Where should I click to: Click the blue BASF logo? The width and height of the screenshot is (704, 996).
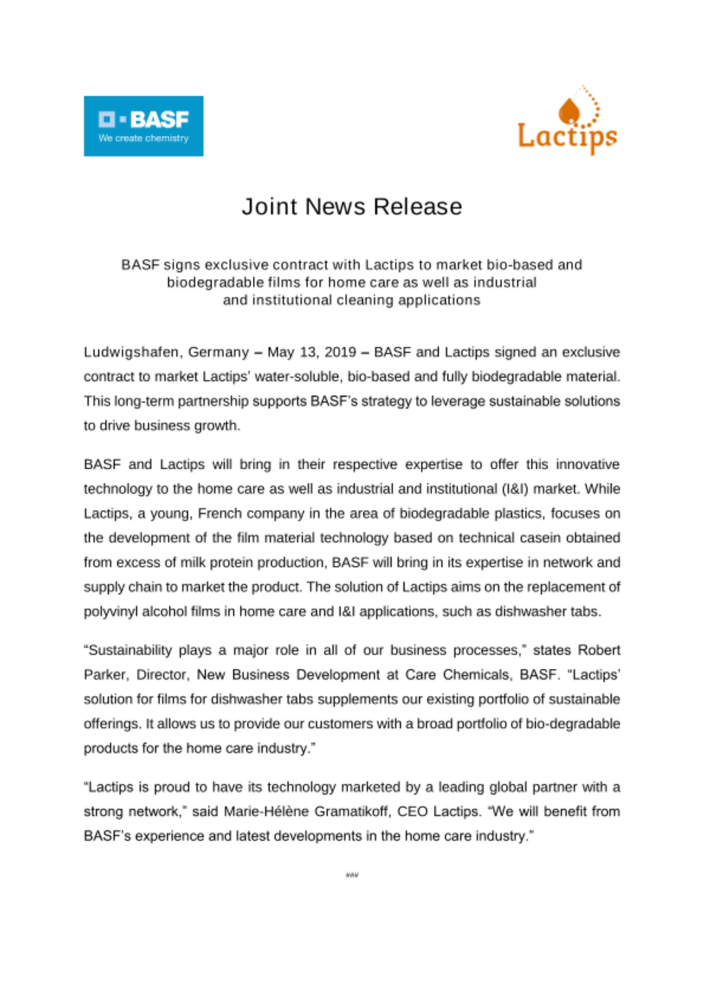pyautogui.click(x=143, y=125)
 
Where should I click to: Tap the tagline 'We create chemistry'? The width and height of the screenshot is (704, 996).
pyautogui.click(x=143, y=138)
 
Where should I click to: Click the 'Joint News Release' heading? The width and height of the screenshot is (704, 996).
pyautogui.click(x=352, y=207)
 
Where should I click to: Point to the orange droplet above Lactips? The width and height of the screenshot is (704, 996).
pyautogui.click(x=569, y=110)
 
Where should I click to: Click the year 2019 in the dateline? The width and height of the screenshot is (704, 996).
pyautogui.click(x=340, y=353)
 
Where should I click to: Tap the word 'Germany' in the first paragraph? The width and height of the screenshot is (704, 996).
pyautogui.click(x=218, y=353)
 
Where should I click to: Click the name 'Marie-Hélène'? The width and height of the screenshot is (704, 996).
pyautogui.click(x=266, y=812)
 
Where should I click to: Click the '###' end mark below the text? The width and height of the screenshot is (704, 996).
pyautogui.click(x=352, y=875)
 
